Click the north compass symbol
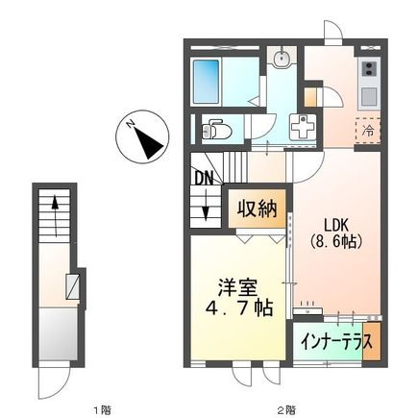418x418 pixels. coord(142,140)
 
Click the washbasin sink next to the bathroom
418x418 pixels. coord(281,61)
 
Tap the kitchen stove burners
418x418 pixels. coord(367,70)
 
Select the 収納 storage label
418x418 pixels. coord(255,208)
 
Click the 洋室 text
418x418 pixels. coord(233,286)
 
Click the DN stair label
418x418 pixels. coord(204,178)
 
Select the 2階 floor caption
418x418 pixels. coord(287,410)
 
